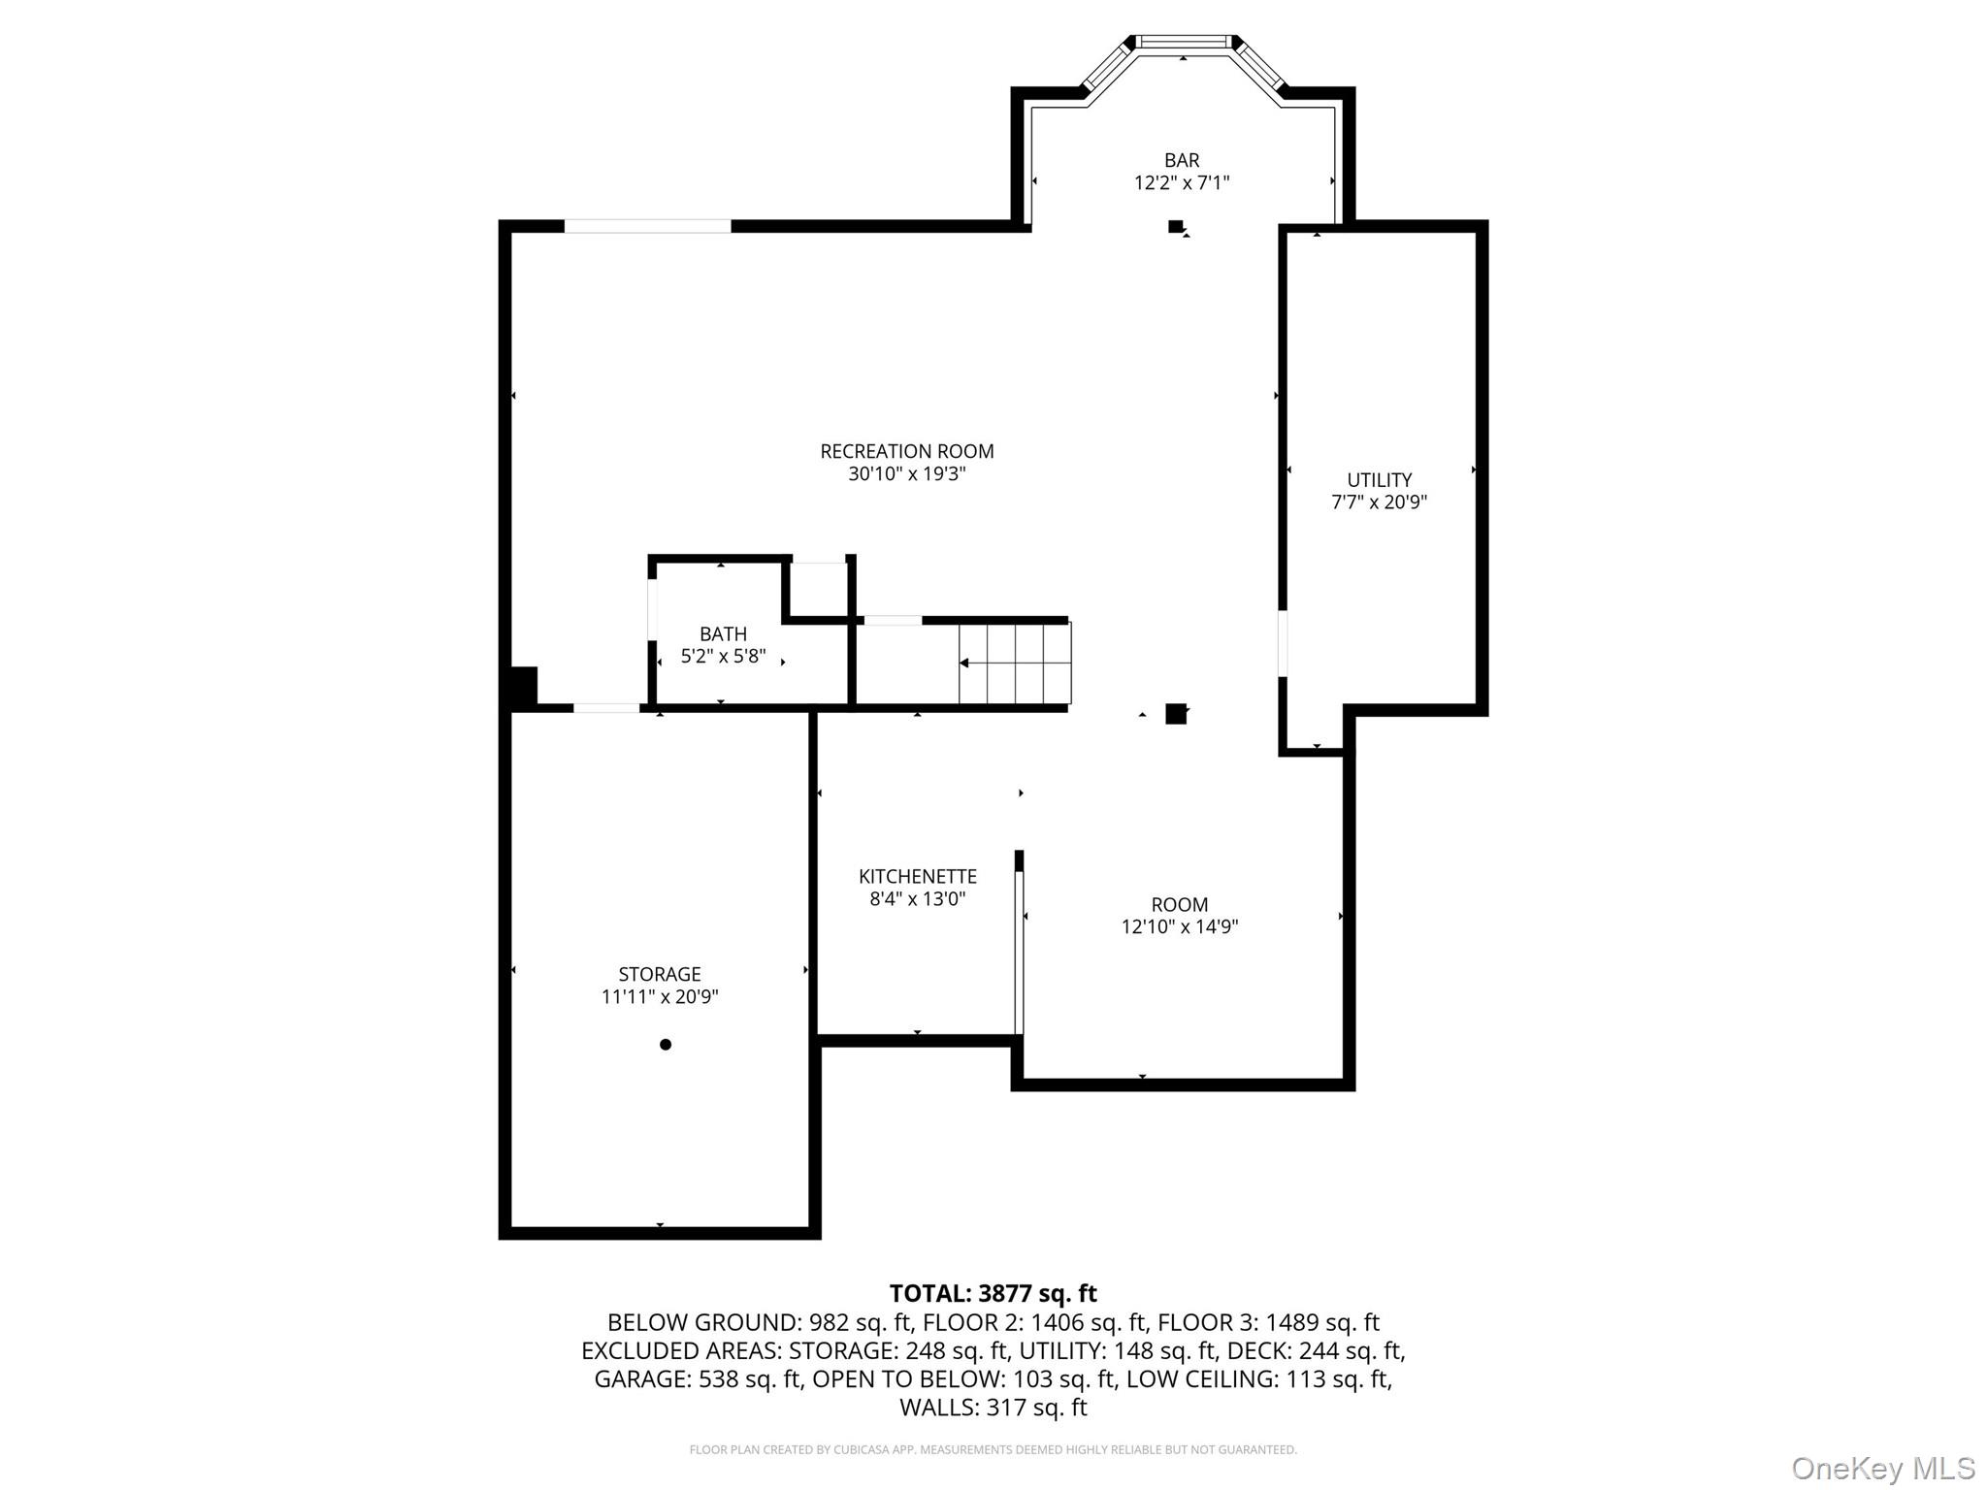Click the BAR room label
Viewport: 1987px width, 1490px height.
(1181, 160)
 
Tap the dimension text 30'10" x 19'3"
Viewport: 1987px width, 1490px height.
(906, 474)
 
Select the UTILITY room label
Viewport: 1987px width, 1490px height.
(1379, 479)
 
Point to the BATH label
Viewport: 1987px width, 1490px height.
(723, 633)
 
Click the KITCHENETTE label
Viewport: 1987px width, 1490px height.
(917, 876)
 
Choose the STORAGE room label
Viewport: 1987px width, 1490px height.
(659, 974)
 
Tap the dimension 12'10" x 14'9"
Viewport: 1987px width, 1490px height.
(1179, 926)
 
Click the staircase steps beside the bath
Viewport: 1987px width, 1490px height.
(1014, 664)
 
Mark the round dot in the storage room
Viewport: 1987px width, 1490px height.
(666, 1045)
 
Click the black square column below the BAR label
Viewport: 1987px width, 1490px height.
(1175, 227)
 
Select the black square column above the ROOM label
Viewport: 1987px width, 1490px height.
(1175, 714)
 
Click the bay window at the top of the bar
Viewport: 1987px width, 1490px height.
(1183, 42)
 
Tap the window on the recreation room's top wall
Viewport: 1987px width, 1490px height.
(647, 226)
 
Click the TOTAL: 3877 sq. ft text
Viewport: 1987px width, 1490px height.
(993, 1293)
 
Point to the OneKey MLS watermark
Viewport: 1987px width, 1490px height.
(1882, 1468)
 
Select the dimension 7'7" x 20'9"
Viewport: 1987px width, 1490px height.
(1379, 502)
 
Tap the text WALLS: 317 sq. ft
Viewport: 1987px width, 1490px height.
(993, 1408)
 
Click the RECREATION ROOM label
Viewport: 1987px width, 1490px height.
(906, 451)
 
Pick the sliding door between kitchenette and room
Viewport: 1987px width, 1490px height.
(1019, 952)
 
